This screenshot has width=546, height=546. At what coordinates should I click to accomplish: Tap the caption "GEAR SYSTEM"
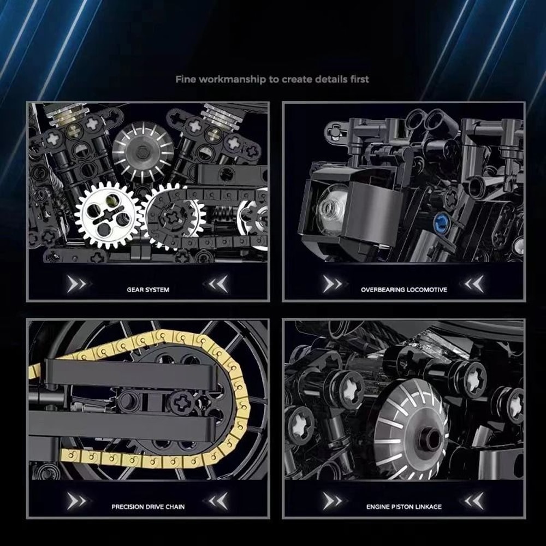tap(148, 289)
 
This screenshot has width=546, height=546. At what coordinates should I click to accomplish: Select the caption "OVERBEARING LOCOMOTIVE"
tap(404, 289)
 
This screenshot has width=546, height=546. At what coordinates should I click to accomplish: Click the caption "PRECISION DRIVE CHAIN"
tap(148, 507)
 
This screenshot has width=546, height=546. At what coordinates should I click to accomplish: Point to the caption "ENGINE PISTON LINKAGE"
tap(404, 507)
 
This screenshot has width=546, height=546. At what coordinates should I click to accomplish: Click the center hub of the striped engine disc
tap(431, 438)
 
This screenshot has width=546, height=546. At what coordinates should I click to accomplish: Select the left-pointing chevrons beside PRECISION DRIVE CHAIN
tap(217, 501)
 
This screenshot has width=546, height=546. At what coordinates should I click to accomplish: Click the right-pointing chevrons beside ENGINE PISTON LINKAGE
tap(331, 501)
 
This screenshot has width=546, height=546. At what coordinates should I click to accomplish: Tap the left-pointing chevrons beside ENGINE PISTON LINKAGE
tap(473, 501)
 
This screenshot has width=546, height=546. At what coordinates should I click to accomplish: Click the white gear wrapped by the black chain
tap(174, 214)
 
